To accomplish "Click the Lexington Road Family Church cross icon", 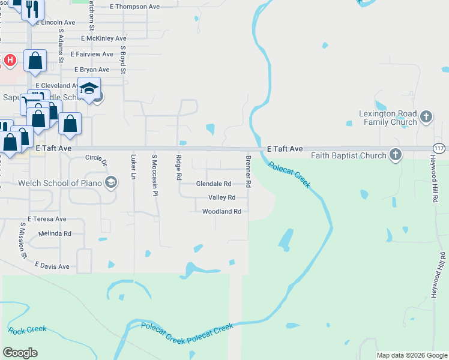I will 426,116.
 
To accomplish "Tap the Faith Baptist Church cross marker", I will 395,155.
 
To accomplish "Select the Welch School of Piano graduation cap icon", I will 110,183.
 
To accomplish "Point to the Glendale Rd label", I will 214,184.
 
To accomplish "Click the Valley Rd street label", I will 221,197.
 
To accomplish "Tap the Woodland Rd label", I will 221,212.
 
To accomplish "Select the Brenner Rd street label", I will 248,172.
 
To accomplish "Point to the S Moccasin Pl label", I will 154,175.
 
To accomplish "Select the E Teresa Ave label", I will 47,220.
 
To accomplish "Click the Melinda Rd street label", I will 55,233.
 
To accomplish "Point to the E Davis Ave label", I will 52,266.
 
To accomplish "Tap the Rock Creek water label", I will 27,329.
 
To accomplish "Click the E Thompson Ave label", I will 135,7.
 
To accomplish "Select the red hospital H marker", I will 10,60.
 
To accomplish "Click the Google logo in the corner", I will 20,353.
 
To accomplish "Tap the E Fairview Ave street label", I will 91,54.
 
